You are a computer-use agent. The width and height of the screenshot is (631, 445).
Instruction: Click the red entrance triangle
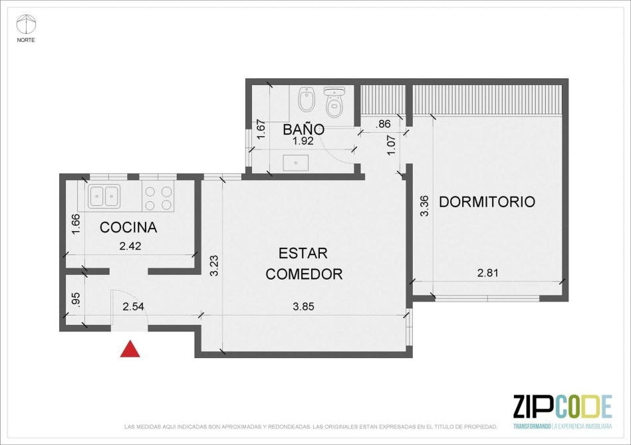pos(130,349)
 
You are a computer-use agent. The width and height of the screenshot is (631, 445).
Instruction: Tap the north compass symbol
pos(25,25)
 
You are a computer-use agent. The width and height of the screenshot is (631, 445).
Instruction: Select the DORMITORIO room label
pos(487,201)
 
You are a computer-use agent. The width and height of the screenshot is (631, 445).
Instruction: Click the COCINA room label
pos(128,228)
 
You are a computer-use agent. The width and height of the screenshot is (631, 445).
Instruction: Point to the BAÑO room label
pos(303,129)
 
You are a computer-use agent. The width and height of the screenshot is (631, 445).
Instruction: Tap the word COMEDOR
pos(304,274)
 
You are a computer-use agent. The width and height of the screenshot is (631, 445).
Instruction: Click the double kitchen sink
pos(104,196)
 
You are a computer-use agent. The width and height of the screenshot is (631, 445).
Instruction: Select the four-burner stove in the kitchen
pos(158,197)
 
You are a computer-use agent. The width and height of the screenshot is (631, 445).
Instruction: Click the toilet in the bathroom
pos(334,102)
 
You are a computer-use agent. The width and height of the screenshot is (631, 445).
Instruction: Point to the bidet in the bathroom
pos(305,99)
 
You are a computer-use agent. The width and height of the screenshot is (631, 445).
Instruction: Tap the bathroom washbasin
pos(296,163)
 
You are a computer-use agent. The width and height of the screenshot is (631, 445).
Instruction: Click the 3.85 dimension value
pos(303,307)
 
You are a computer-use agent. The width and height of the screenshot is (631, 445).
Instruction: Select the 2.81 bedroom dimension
pos(488,274)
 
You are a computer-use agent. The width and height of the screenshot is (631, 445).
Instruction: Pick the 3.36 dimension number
pos(425,206)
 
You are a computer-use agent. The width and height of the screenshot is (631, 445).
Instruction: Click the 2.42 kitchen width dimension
pos(130,246)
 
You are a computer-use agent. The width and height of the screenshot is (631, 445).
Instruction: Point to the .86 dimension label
pos(383,124)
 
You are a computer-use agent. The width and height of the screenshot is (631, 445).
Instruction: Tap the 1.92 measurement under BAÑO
pos(303,141)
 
